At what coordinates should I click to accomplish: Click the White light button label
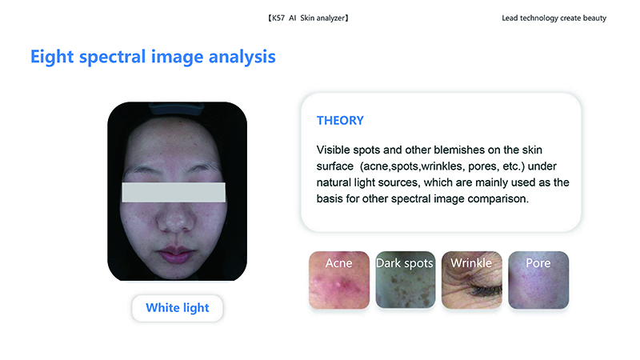177,308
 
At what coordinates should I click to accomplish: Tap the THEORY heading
340,121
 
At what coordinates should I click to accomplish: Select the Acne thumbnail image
339,280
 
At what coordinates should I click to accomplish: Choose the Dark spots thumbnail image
406,280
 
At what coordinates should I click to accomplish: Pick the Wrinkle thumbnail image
472,280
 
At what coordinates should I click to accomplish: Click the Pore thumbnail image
538,280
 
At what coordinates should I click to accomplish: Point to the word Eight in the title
52,57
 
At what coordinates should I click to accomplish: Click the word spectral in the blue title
112,57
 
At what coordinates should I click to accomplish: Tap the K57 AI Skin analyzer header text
308,18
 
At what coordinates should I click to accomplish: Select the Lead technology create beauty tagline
554,18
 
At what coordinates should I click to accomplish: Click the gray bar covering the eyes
174,192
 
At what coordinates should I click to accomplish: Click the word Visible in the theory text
333,150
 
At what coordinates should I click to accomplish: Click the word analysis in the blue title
242,57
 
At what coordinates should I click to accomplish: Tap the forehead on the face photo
173,141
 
